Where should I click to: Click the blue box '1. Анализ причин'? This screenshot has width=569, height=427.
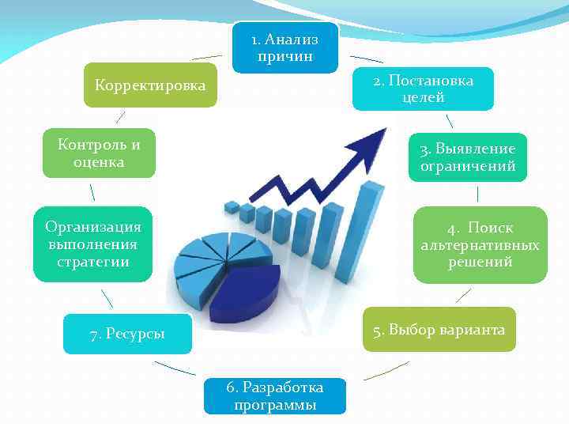[285, 47]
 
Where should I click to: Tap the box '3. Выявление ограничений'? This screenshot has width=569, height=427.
[468, 157]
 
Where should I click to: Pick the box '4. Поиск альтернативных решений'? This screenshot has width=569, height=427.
[480, 244]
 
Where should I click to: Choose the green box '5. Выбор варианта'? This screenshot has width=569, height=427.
[439, 329]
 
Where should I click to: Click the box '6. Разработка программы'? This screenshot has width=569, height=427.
[274, 395]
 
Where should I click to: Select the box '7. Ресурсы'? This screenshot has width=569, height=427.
[128, 334]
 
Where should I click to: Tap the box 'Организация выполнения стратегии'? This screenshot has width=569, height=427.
[92, 244]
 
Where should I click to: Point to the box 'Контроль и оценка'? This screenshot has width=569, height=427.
[99, 153]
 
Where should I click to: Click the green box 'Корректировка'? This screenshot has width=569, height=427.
[150, 85]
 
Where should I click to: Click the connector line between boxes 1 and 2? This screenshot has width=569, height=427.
[366, 59]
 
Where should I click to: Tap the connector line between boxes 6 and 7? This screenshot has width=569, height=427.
[175, 368]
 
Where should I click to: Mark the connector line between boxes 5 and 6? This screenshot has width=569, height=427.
[385, 370]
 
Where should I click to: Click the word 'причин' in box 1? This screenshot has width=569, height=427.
[285, 56]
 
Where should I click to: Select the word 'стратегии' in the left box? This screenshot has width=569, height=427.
[92, 262]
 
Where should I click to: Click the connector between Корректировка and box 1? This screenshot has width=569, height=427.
[207, 57]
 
